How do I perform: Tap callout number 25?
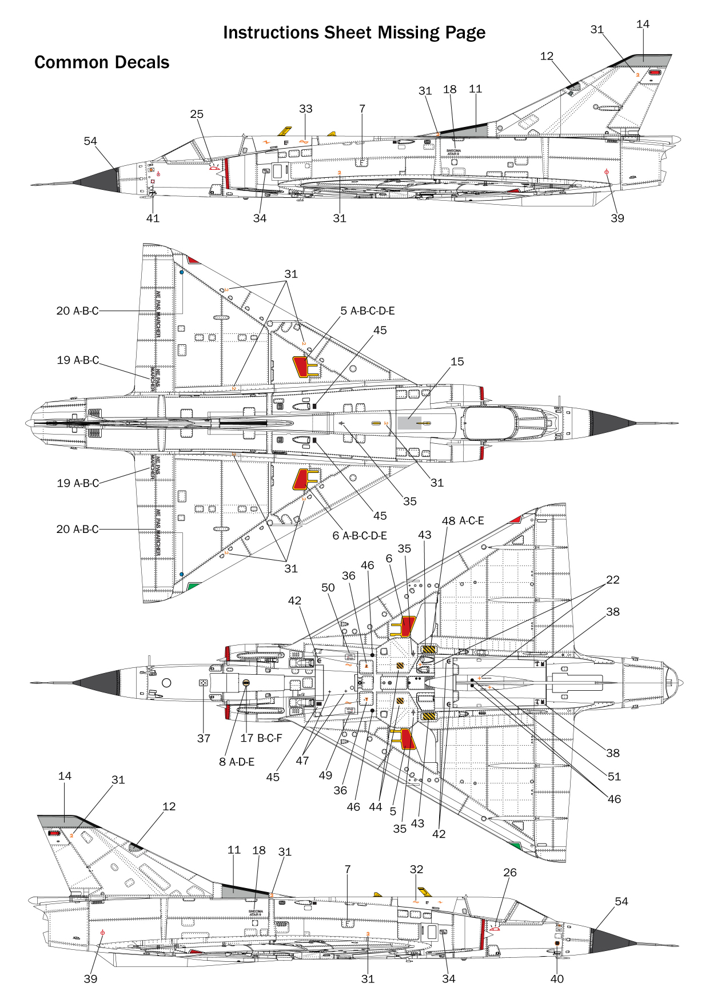[x=197, y=114]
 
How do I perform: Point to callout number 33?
[x=306, y=109]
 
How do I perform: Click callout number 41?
[x=153, y=218]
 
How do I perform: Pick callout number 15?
[x=457, y=361]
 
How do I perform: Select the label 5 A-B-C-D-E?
[x=368, y=311]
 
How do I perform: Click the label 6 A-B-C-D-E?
[x=360, y=535]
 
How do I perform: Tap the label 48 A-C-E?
[x=463, y=520]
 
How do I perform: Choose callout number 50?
[x=328, y=587]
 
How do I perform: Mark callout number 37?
[x=204, y=738]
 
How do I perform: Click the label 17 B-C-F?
[x=261, y=738]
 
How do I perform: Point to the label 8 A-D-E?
[x=237, y=762]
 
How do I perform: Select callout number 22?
[x=613, y=579]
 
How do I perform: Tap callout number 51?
[x=614, y=776]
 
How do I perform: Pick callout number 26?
[x=510, y=872]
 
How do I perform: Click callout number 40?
[x=557, y=978]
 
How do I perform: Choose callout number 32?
[x=417, y=869]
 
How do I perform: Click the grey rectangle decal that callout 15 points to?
[x=409, y=423]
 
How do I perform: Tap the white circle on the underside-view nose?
[x=166, y=683]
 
